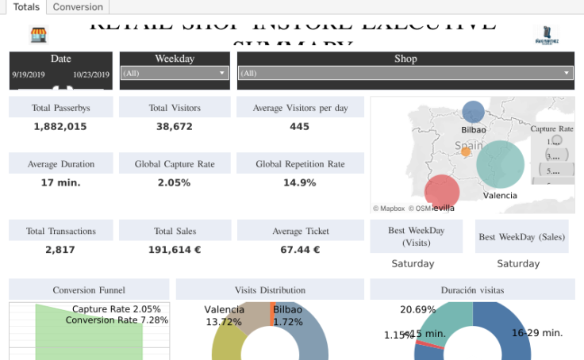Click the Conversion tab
tap(78, 7)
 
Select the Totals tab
tap(25, 7)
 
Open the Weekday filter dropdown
tap(175, 73)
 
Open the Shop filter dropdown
tap(405, 73)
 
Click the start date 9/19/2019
tap(29, 75)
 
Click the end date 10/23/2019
tap(90, 75)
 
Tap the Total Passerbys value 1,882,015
tap(60, 127)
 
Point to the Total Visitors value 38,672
tap(174, 127)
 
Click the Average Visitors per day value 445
tap(299, 127)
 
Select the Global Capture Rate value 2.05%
tap(174, 182)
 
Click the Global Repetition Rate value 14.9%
tap(299, 182)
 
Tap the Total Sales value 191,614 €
tap(174, 250)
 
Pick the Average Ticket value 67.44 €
tap(299, 250)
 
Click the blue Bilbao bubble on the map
tap(473, 113)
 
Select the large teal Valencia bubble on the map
tap(500, 163)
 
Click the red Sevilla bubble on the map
tap(442, 192)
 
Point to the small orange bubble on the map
tap(466, 151)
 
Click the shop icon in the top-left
tap(38, 34)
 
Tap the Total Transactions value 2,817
tap(60, 250)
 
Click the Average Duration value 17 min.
tap(60, 182)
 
